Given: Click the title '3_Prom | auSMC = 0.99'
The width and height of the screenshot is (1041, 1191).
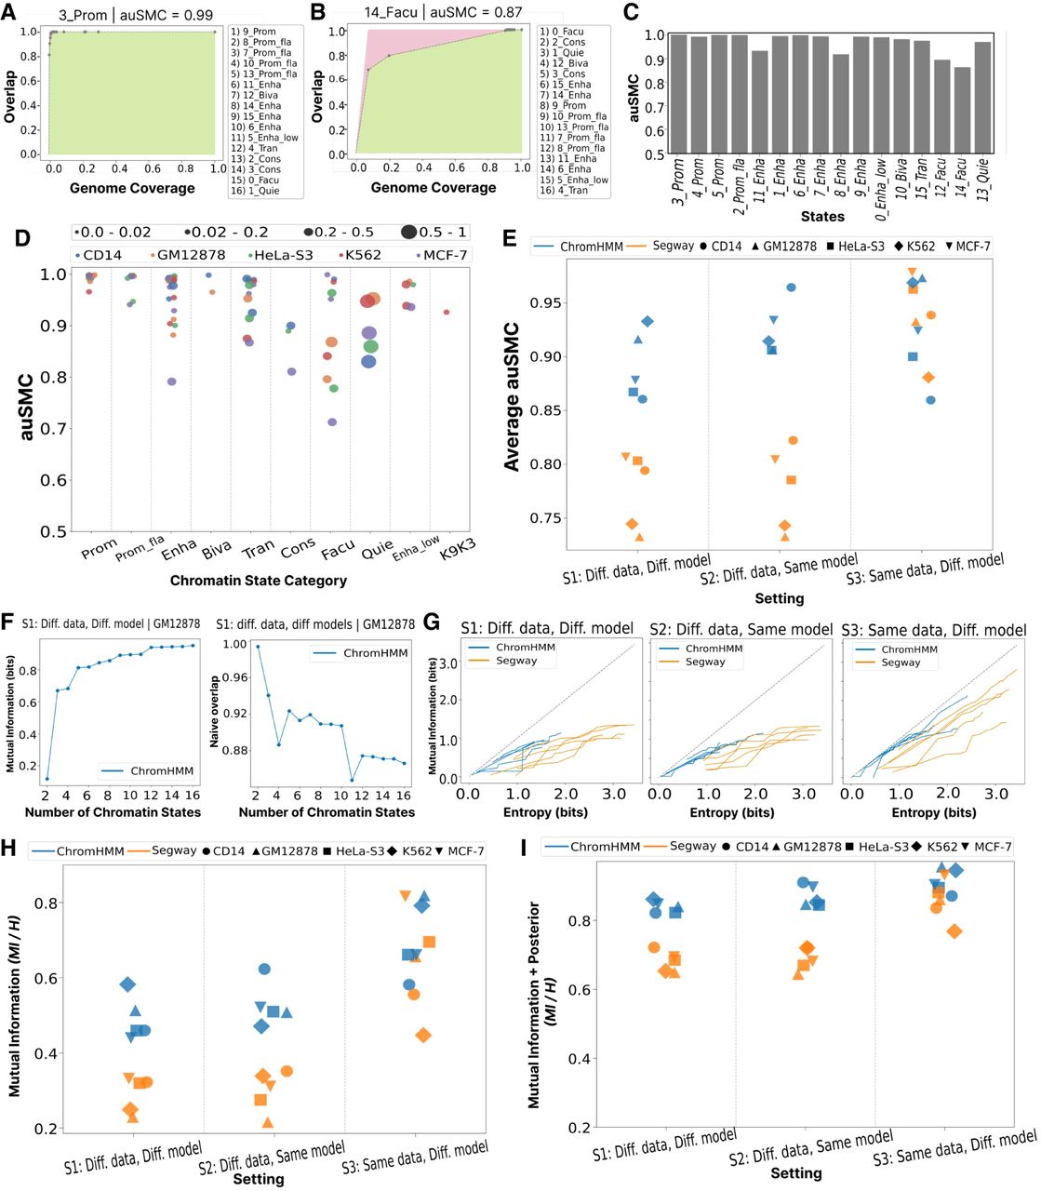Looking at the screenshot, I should [136, 15].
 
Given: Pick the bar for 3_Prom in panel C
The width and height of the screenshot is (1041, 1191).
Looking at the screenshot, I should [678, 94].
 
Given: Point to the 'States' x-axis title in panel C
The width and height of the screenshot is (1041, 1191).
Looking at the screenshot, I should [823, 216].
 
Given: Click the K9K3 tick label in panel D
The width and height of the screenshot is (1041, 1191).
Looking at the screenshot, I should [456, 549].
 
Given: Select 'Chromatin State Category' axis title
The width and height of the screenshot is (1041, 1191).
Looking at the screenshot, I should [258, 581].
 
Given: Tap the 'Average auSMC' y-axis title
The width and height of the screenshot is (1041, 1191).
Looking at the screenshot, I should [512, 396].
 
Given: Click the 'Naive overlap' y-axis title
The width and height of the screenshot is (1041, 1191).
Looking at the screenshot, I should [216, 713].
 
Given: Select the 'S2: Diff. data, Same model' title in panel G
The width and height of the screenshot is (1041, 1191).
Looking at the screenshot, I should [741, 629].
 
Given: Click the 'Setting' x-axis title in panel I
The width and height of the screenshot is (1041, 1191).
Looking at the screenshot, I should [795, 1173].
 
